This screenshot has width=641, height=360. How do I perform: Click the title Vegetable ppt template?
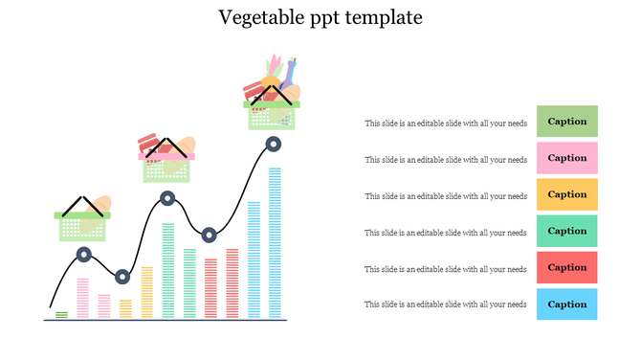320,17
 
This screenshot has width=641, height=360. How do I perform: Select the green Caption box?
566,122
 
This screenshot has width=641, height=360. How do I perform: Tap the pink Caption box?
566,158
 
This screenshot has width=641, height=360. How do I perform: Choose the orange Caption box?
566,194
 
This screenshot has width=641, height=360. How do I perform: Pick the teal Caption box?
566,231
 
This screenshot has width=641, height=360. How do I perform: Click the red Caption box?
566,267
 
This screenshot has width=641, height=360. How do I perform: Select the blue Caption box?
566,304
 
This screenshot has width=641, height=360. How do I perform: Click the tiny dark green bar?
61,314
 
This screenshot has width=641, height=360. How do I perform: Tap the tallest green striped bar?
168,270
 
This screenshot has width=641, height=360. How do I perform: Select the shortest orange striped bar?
126,308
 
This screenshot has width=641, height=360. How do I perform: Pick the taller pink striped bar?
82,298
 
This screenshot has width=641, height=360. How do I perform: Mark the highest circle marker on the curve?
273,145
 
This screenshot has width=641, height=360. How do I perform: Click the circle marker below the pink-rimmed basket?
167,199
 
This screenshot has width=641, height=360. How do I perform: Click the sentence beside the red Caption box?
446,269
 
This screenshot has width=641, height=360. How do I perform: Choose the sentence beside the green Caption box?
446,124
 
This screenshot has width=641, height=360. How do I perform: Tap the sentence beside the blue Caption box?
446,304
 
